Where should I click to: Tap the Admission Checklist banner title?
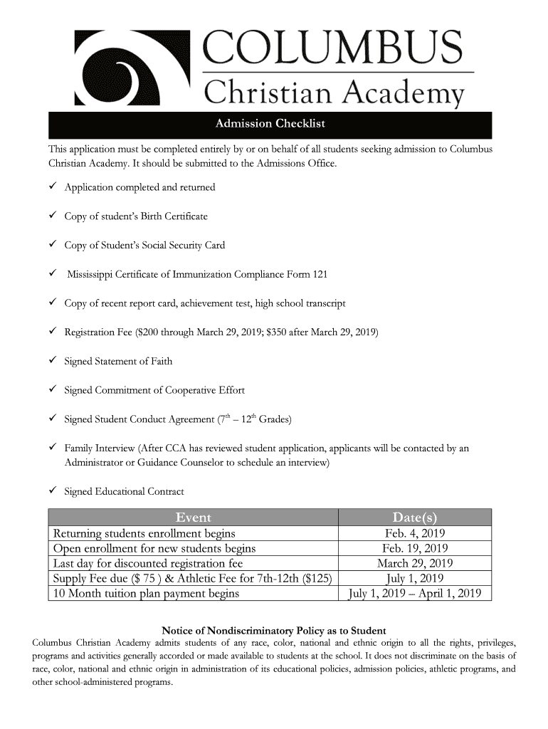(270, 125)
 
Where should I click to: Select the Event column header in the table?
(193, 518)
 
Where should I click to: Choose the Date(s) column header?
(414, 518)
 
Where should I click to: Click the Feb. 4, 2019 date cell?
(414, 533)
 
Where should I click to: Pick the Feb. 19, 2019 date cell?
(414, 548)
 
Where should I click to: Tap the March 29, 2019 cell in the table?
(414, 563)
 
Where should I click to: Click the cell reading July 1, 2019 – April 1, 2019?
(414, 593)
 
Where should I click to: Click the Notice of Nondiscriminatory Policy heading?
(274, 631)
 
